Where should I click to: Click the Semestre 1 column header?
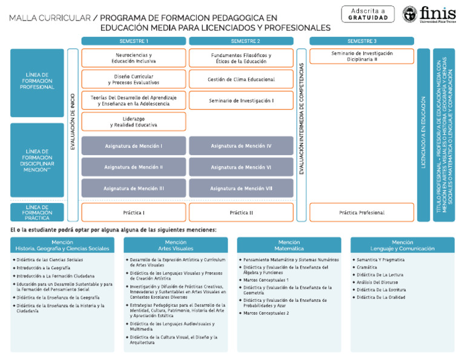coord(134,41)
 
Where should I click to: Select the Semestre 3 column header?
coord(361,41)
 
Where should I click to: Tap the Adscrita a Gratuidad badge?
coord(368,14)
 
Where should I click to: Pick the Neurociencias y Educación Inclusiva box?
coord(134,58)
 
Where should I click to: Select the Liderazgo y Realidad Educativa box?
coord(134,122)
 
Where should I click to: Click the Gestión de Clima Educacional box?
coord(241,79)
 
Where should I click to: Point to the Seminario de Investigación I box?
coord(241,101)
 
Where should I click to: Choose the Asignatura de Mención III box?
coord(134,188)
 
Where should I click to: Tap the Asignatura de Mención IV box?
coord(241,146)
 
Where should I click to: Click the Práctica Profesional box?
coord(361,213)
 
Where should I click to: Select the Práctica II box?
coord(241,213)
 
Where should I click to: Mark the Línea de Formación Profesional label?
coord(37,82)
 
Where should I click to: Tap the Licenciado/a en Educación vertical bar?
coord(423,135)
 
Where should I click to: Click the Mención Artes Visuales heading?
coord(176,245)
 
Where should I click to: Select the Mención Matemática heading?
coord(289,245)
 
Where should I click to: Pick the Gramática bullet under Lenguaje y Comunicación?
coord(367,267)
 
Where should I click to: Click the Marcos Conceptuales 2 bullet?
coord(266,313)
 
